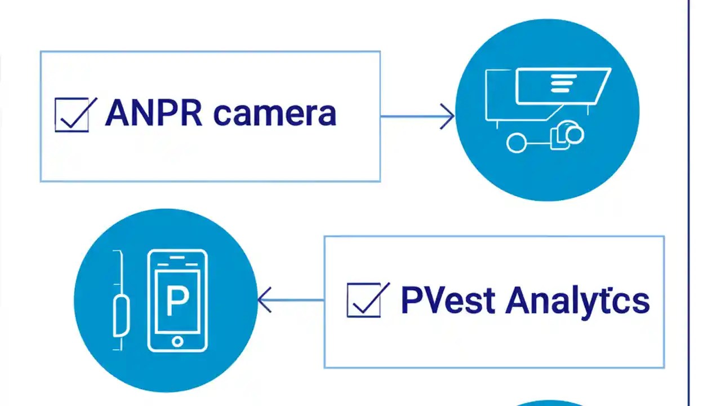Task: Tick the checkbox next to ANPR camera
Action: click(72, 115)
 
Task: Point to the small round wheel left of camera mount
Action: click(516, 143)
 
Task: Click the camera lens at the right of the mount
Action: click(572, 134)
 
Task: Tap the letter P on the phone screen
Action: click(177, 302)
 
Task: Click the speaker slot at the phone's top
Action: click(177, 259)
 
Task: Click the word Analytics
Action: click(577, 301)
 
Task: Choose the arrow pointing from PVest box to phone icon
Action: click(290, 300)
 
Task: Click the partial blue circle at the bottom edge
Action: click(549, 403)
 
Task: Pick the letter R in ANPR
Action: click(189, 113)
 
